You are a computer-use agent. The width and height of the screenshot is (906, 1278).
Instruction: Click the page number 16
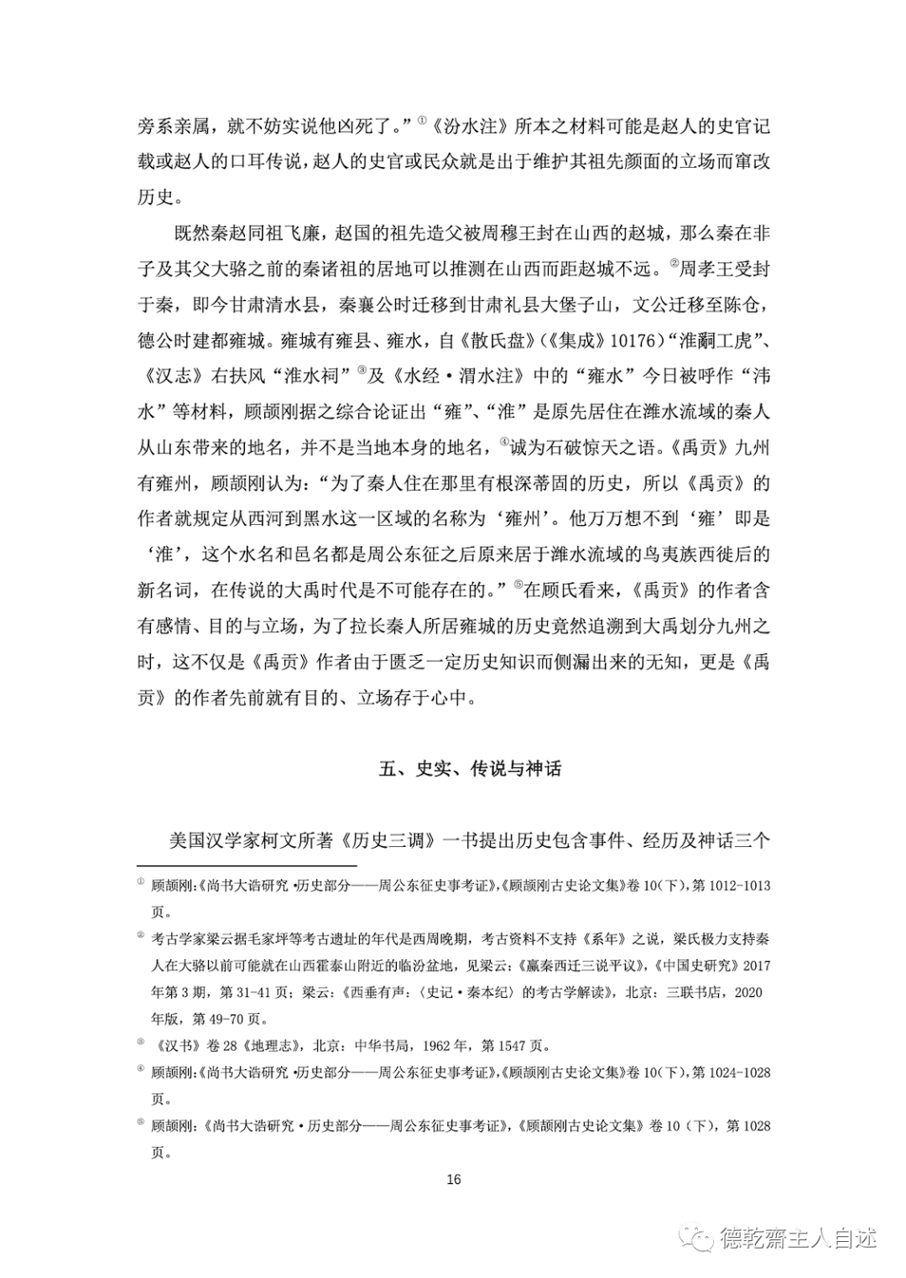(453, 1179)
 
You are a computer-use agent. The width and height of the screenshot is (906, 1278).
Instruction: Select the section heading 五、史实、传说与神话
(469, 768)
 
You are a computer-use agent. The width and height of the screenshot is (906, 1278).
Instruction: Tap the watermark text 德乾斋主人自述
(797, 1238)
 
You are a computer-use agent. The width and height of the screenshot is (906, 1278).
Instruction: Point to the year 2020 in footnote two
(747, 992)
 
